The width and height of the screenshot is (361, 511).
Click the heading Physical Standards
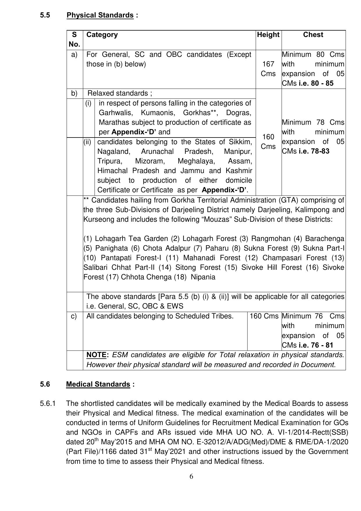point(100,15)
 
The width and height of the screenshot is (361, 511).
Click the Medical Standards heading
point(98,384)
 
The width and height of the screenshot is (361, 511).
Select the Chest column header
point(313,35)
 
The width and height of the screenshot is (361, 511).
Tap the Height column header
point(268,35)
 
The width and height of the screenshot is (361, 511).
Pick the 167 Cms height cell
point(268,69)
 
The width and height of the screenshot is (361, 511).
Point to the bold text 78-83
point(320,151)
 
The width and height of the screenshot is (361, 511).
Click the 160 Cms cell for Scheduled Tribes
point(264,316)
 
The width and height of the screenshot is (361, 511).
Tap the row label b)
point(74,93)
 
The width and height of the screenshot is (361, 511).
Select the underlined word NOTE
point(97,355)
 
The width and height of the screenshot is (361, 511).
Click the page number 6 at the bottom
point(191,476)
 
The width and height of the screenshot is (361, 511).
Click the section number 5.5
point(45,15)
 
